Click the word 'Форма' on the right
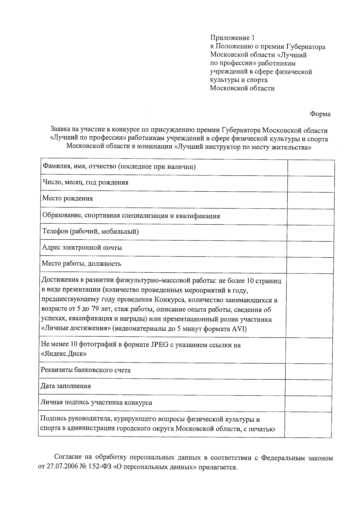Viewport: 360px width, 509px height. click(x=320, y=114)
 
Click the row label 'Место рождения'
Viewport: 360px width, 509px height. click(x=68, y=198)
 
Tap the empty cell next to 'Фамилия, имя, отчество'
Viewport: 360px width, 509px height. click(x=311, y=167)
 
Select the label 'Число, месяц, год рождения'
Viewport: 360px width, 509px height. click(x=85, y=182)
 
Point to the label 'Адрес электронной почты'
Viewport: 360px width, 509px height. click(x=82, y=248)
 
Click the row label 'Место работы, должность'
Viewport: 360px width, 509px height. click(x=81, y=264)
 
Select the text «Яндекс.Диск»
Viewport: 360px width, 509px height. click(x=64, y=354)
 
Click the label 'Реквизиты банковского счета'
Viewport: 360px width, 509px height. click(x=85, y=370)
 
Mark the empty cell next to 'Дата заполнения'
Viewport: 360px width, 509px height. click(x=308, y=388)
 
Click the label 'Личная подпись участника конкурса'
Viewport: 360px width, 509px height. click(x=96, y=403)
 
